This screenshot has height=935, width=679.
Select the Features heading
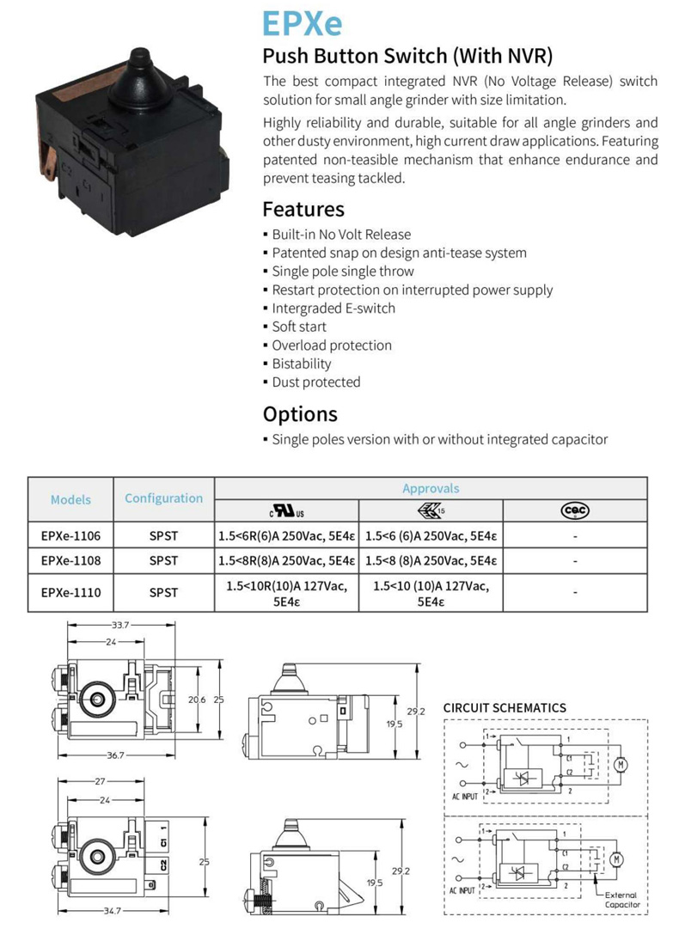(303, 209)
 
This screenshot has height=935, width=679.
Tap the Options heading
(300, 413)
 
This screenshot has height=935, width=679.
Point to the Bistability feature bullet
(301, 364)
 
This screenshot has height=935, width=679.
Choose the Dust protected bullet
(315, 382)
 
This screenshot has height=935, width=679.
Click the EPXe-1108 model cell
(70, 560)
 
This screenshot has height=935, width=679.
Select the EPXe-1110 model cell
(70, 592)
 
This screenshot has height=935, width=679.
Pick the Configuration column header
(163, 498)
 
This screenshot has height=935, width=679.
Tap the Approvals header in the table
(431, 488)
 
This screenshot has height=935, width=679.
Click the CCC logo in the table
(574, 510)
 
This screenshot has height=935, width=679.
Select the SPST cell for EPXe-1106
(163, 535)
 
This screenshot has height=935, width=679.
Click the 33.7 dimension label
(119, 625)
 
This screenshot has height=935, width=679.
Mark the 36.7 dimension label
(113, 755)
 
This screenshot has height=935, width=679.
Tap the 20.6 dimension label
(197, 700)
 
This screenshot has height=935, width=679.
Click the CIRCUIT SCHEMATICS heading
(505, 708)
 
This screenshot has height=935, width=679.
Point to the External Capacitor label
(621, 900)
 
